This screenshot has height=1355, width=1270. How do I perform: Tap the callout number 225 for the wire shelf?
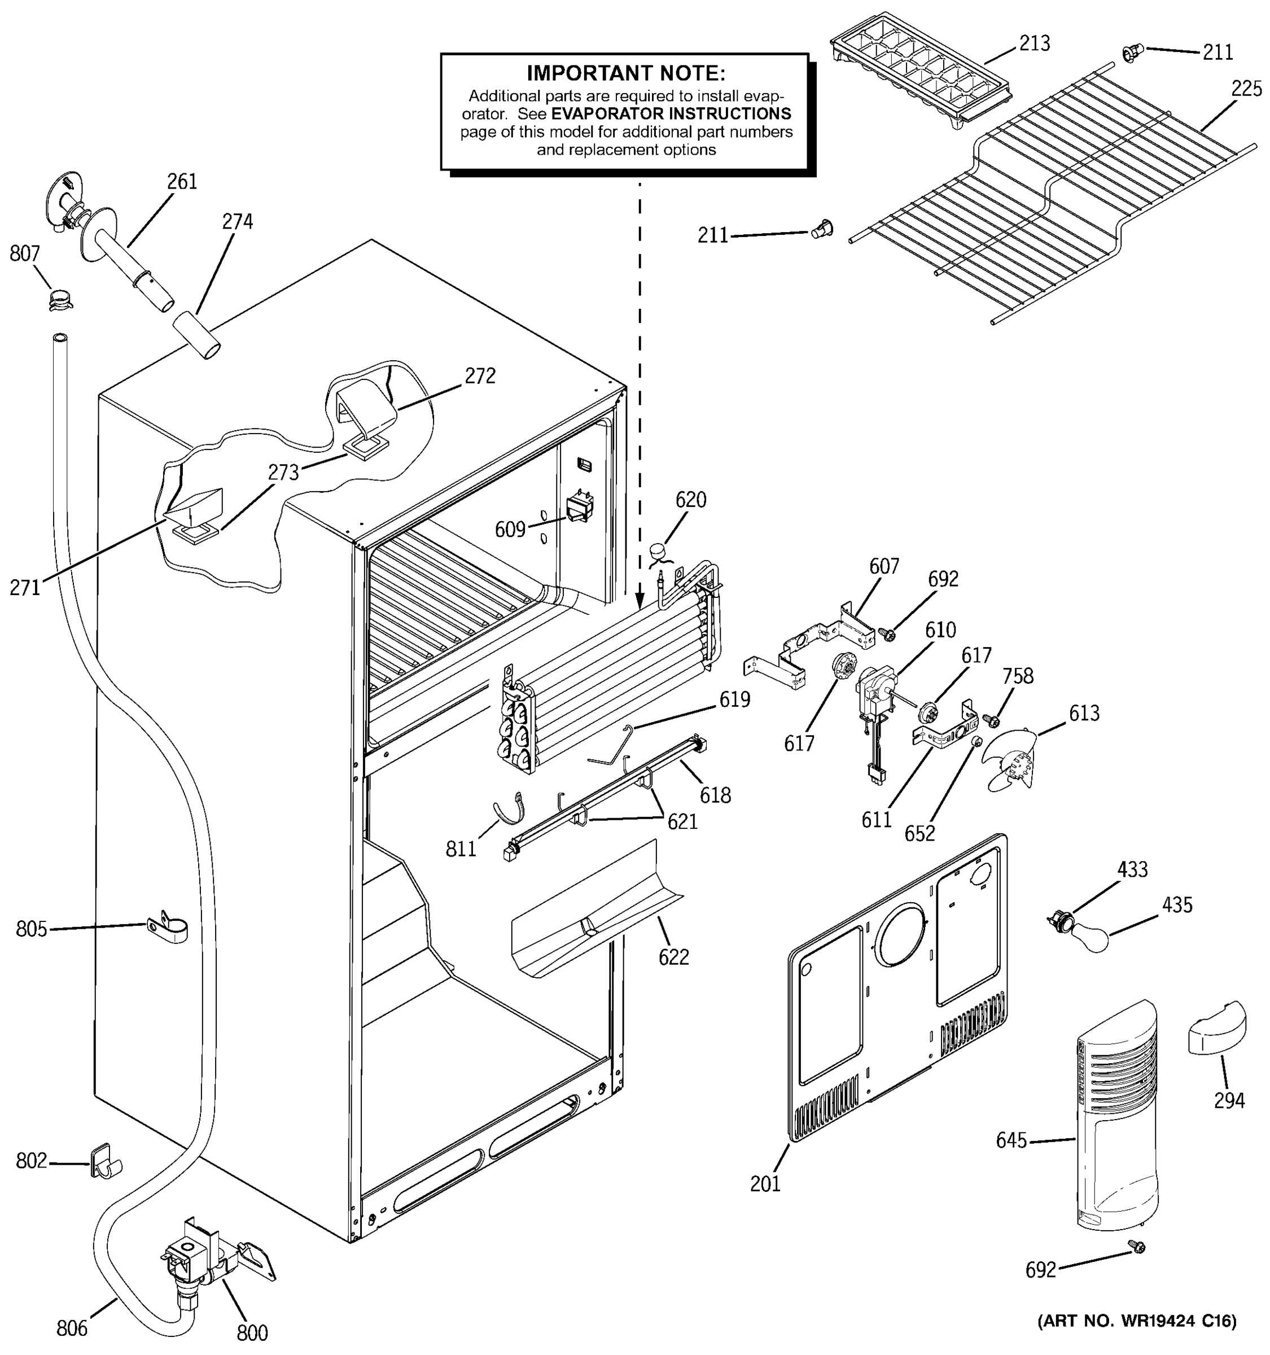[x=1247, y=89]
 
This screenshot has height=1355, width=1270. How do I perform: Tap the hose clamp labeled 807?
[x=60, y=298]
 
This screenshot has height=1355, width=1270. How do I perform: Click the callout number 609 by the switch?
[x=510, y=529]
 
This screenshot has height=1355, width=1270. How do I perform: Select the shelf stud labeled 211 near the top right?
[x=1131, y=53]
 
